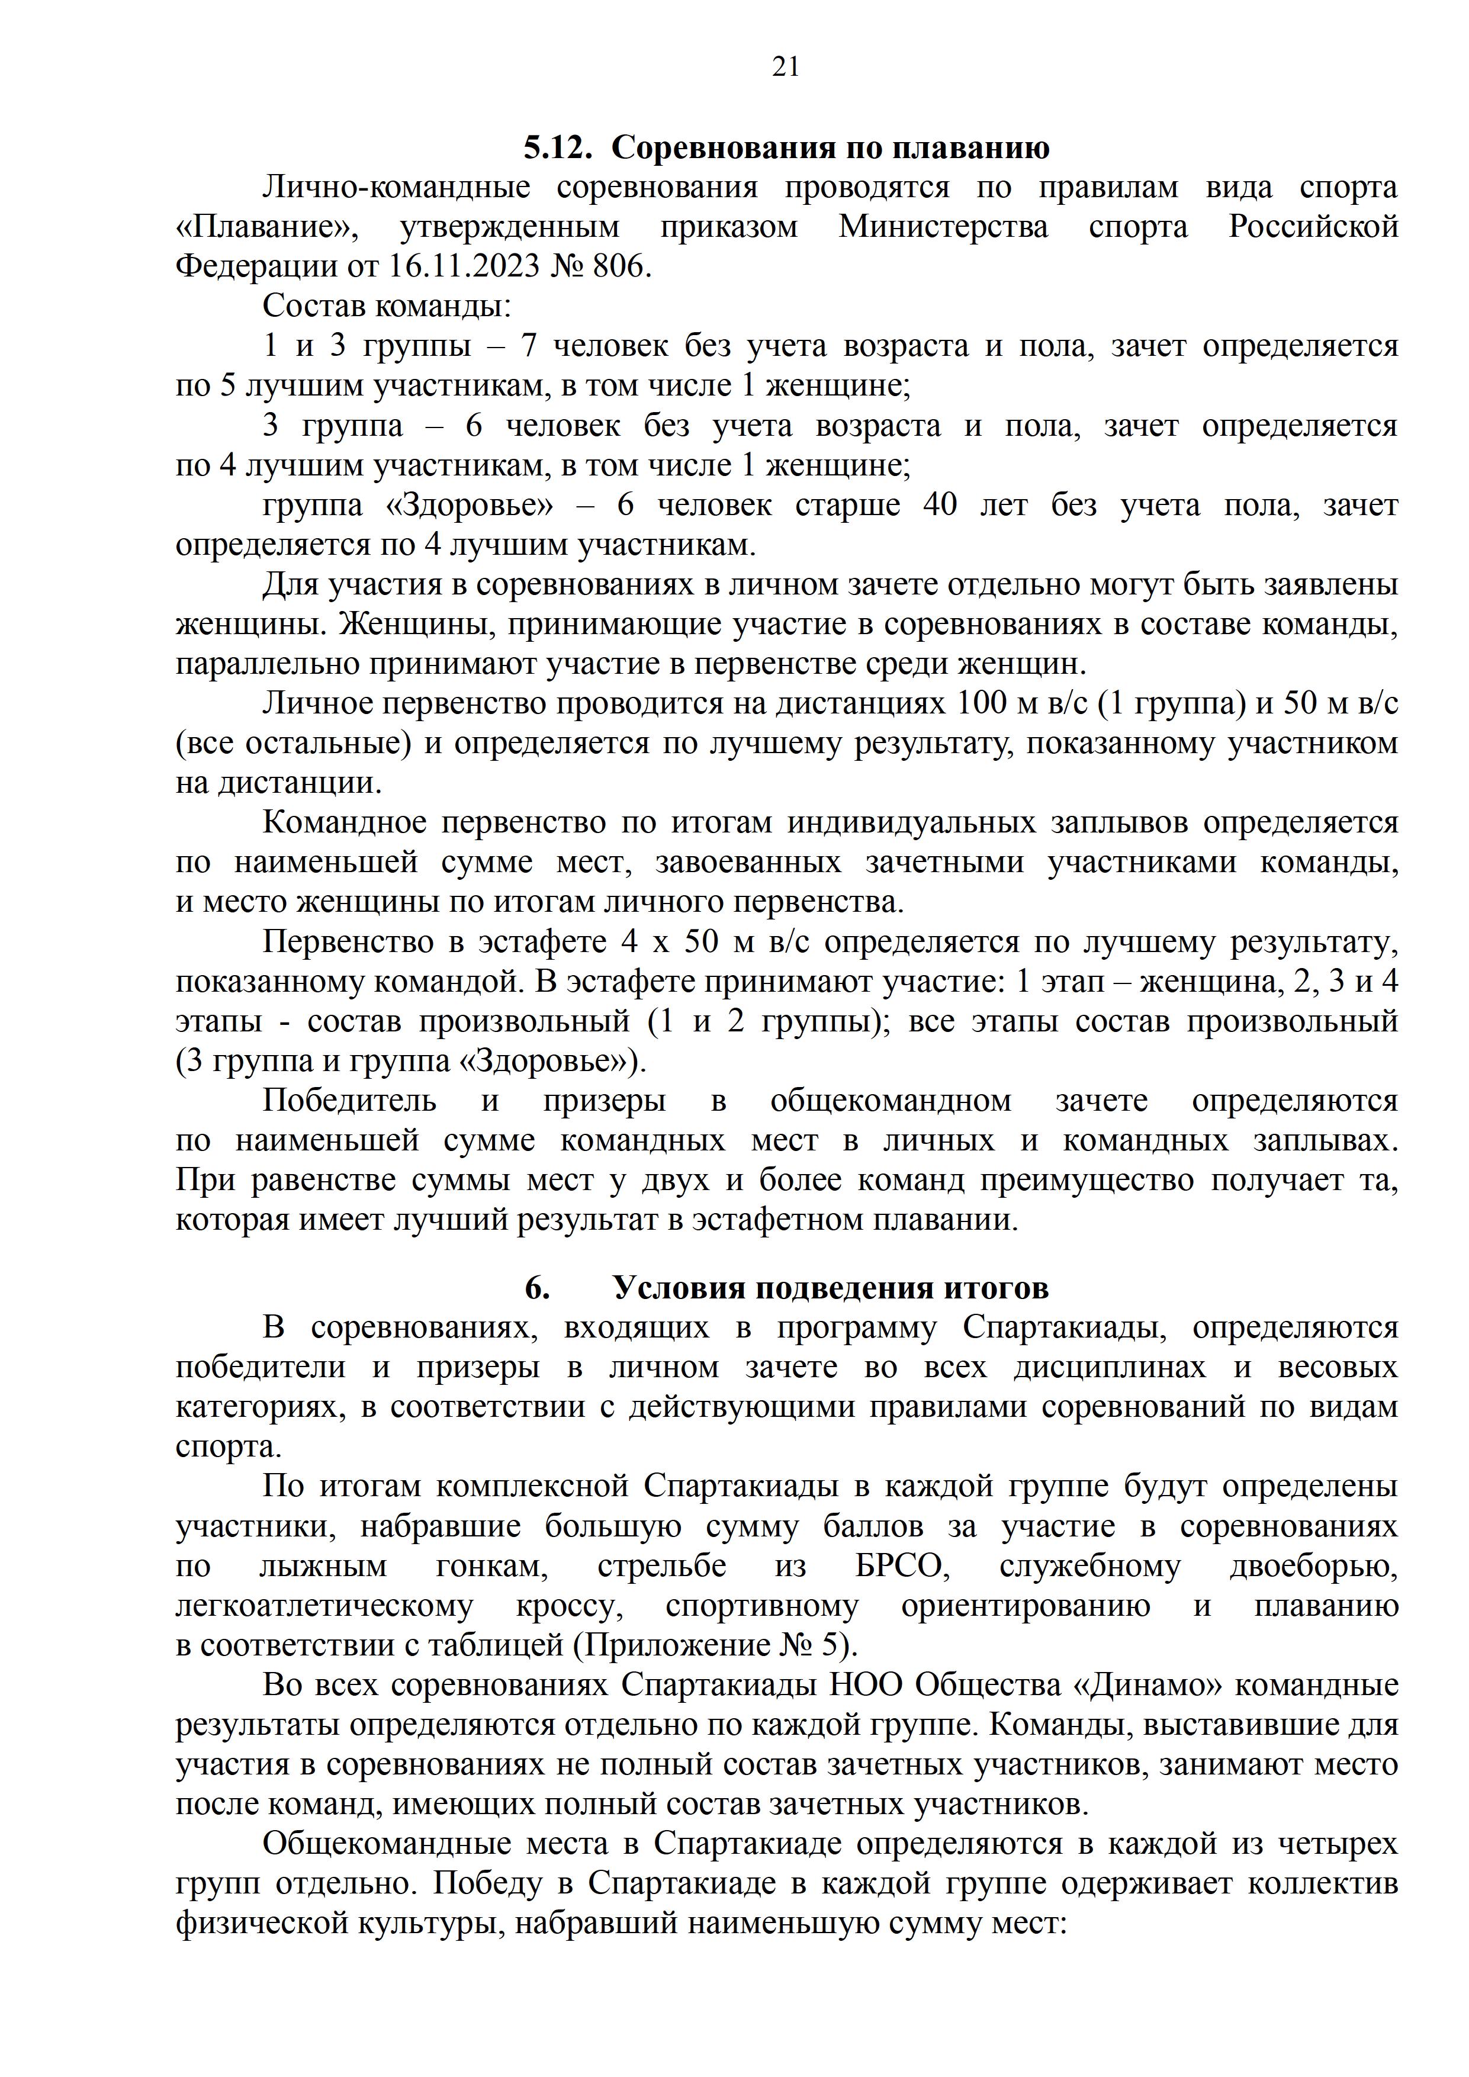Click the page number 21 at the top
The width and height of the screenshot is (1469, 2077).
coord(785,67)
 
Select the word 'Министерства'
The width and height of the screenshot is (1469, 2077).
coord(943,226)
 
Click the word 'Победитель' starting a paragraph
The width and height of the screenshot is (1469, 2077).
coord(349,1101)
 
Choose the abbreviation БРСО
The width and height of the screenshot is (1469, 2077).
coord(902,1566)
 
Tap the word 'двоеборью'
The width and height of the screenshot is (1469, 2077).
coord(1313,1566)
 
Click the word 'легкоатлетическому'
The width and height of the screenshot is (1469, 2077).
coord(324,1606)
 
